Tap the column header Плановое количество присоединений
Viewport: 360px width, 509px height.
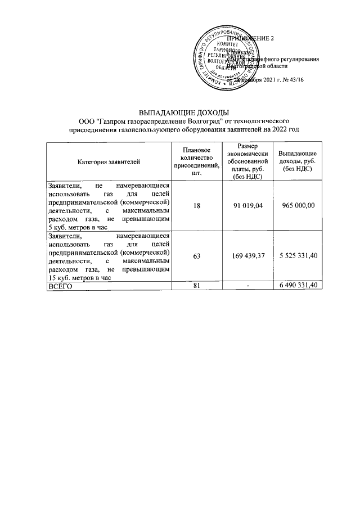(x=193, y=162)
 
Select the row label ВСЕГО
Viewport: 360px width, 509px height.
(x=61, y=286)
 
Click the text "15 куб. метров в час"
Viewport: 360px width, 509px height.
(x=80, y=277)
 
